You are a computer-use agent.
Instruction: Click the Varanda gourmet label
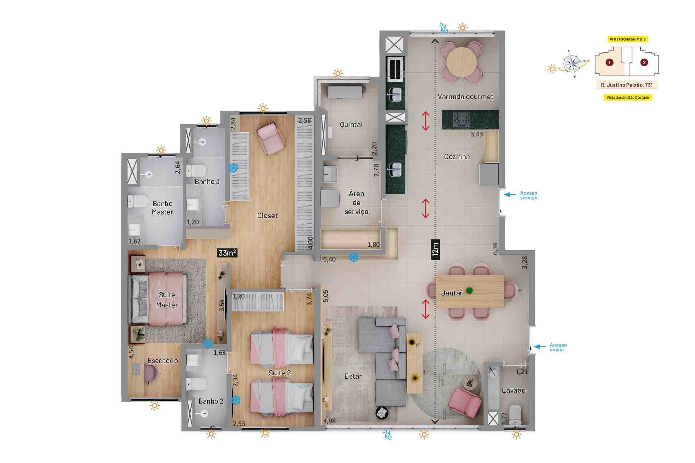466,97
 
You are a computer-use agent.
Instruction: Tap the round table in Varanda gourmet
462,62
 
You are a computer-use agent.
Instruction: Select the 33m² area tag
227,253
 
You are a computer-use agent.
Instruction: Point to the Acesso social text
558,347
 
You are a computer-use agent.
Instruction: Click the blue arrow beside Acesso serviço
510,195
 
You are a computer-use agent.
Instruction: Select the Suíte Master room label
167,300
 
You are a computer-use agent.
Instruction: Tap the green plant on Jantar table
469,290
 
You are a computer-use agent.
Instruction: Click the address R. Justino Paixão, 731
627,85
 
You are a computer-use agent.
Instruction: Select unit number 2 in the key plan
644,62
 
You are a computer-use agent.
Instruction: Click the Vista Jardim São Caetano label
628,97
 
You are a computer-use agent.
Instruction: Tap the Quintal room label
351,124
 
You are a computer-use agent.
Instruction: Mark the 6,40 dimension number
329,259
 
